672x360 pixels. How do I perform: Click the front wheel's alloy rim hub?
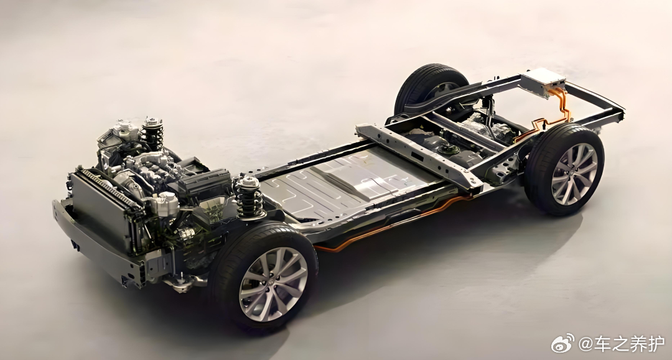pyautogui.click(x=273, y=284)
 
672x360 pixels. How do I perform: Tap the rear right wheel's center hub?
pyautogui.click(x=574, y=173)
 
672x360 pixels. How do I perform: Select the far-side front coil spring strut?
pyautogui.click(x=153, y=132)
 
